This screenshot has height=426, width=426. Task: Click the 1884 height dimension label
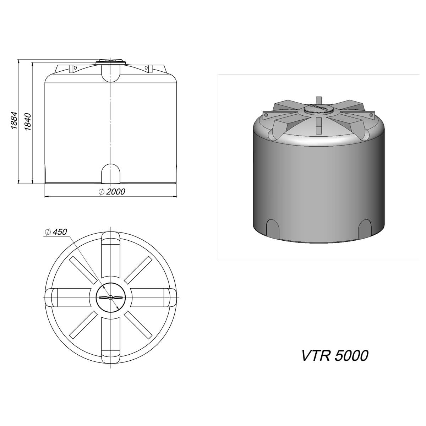[x=14, y=120]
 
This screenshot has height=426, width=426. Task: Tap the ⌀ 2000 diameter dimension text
[x=112, y=192]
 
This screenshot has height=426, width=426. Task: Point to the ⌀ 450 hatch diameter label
[x=56, y=232]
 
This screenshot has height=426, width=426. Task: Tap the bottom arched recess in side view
[x=111, y=174]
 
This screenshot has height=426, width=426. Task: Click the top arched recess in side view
[x=111, y=73]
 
